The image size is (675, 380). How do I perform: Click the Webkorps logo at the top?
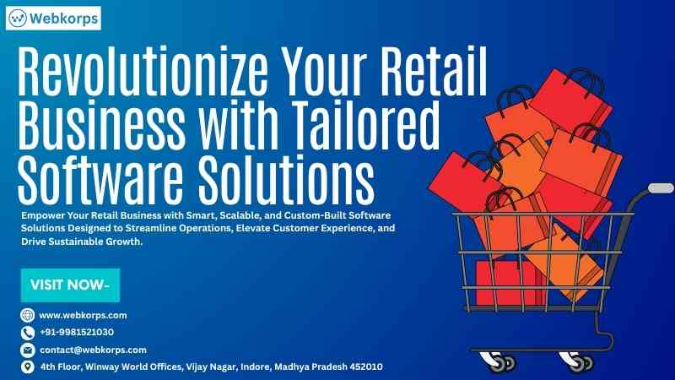coord(53,18)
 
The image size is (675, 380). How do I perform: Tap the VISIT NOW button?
coord(70,285)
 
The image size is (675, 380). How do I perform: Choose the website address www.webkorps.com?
coord(83,315)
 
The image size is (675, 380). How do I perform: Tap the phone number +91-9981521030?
coord(77,332)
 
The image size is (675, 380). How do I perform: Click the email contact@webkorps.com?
coord(93,350)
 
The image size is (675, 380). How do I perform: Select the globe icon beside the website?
coord(28,315)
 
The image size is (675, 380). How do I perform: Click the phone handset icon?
coord(28,333)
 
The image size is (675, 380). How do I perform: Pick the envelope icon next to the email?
coord(28,350)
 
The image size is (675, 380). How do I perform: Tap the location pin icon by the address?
coord(28,366)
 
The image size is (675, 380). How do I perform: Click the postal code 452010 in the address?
coord(366,366)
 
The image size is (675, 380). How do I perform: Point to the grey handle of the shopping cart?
coord(661,188)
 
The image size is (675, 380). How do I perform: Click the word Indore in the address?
coord(256,366)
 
